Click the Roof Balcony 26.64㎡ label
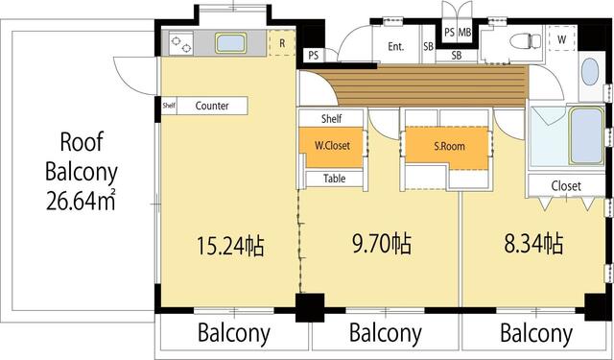(x=82, y=172)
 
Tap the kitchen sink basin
(x=231, y=42)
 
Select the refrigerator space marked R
(x=282, y=42)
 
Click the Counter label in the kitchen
(x=212, y=106)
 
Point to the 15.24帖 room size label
(x=230, y=246)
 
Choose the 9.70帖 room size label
(x=382, y=244)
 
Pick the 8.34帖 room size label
(x=533, y=243)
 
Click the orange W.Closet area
(x=332, y=147)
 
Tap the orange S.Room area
(x=449, y=148)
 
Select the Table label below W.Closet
(x=335, y=179)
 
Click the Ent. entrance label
(x=396, y=47)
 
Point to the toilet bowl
(x=526, y=40)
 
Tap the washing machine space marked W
(x=561, y=39)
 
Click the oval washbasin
(x=590, y=72)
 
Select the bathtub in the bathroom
(x=586, y=135)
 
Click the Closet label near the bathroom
(x=566, y=185)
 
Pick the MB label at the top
(x=464, y=32)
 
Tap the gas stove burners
(x=181, y=43)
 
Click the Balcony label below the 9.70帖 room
(x=386, y=333)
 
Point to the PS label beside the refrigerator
(x=314, y=56)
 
